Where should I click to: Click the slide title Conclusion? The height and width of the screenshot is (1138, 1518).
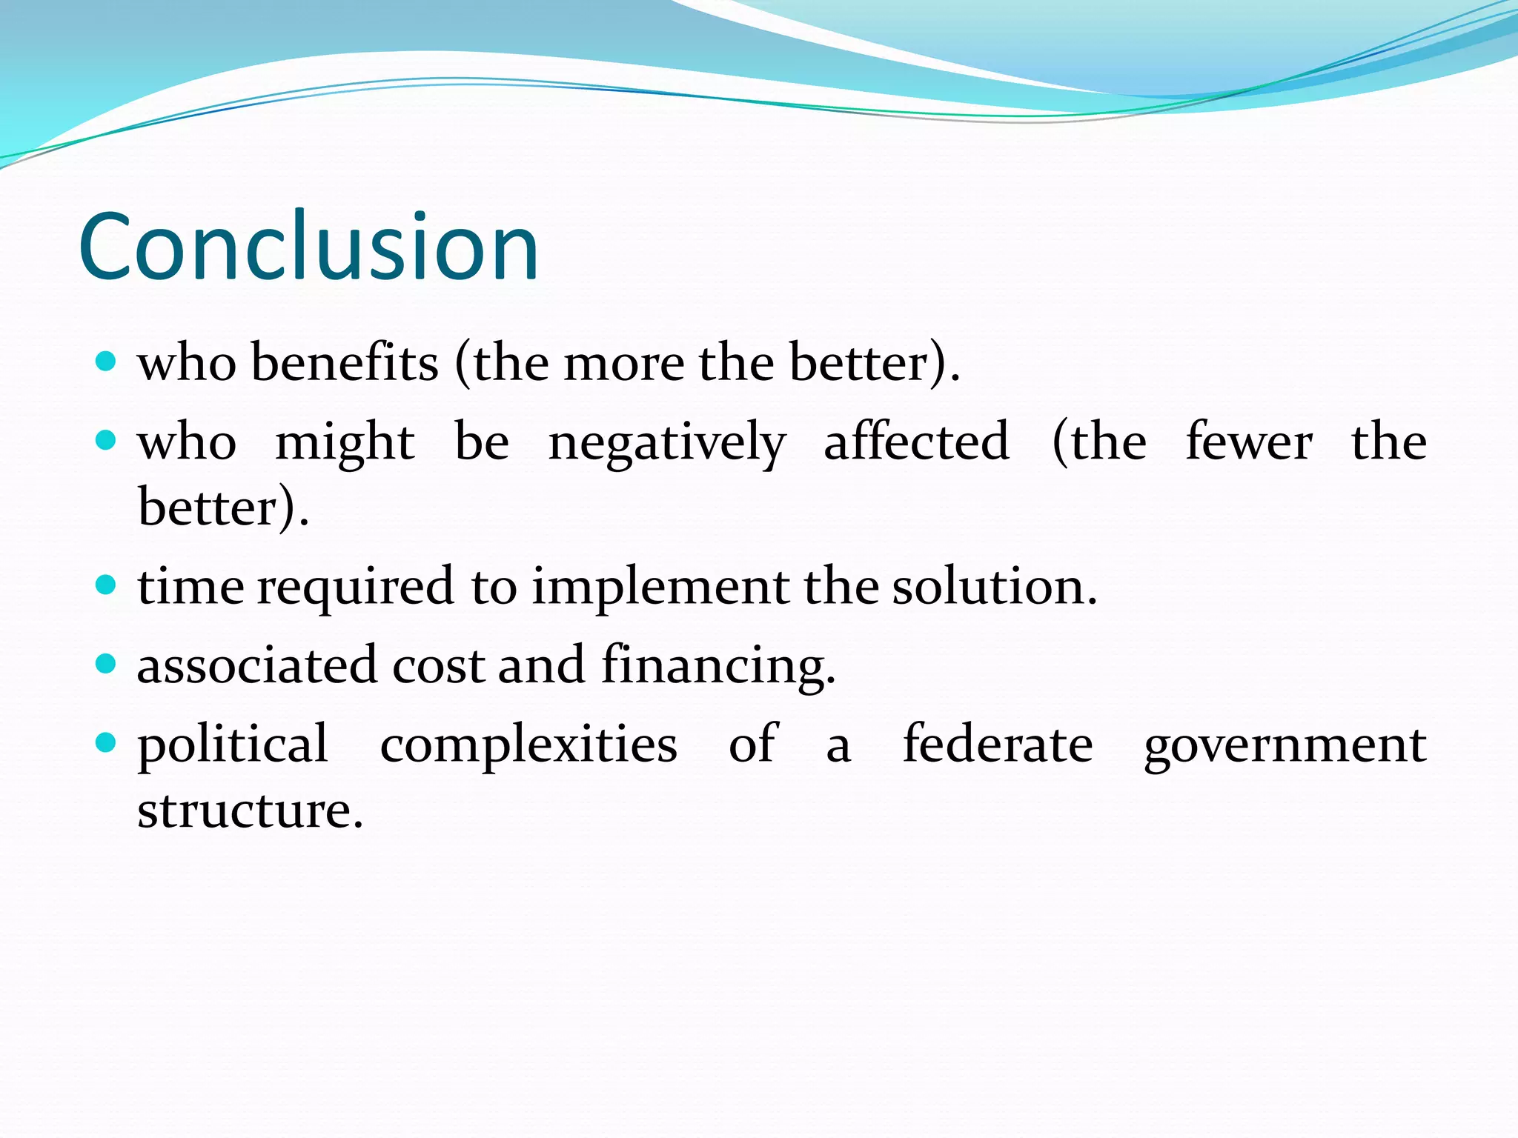[308, 247]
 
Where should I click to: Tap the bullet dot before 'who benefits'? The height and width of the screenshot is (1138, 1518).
[107, 362]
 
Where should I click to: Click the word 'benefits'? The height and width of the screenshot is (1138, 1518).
[345, 363]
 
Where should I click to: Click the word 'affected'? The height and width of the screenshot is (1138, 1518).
[916, 442]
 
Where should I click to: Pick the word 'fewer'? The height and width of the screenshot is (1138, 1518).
[1249, 442]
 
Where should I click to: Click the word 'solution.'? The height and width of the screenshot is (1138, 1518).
[994, 587]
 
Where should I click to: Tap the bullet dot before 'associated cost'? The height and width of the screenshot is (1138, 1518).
[107, 664]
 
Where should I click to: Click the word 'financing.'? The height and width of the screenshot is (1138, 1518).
[718, 665]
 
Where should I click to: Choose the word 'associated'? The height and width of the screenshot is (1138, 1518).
[256, 665]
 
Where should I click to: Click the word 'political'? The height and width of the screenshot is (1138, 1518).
[233, 745]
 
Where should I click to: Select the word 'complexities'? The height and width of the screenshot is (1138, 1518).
[528, 745]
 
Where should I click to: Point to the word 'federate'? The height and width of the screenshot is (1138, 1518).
[998, 744]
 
